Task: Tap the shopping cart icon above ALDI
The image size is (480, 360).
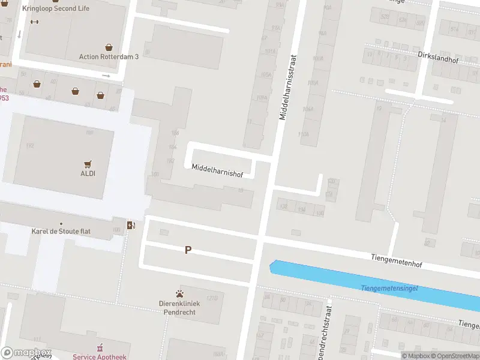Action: tap(88, 163)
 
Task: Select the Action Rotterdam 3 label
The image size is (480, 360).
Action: tap(109, 56)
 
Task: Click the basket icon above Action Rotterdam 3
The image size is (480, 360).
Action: tap(109, 47)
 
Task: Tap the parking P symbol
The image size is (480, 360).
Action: tap(188, 250)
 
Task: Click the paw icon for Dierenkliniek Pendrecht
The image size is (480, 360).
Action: tap(179, 293)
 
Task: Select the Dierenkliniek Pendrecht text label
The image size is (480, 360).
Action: tap(179, 308)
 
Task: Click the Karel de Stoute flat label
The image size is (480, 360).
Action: tap(61, 231)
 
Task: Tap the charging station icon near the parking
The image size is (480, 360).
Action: tap(131, 225)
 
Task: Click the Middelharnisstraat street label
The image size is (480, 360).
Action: tap(289, 87)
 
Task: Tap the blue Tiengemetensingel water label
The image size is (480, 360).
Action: tap(389, 289)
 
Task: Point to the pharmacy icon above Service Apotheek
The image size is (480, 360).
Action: tap(100, 348)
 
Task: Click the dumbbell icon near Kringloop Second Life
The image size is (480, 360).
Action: tap(34, 22)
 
